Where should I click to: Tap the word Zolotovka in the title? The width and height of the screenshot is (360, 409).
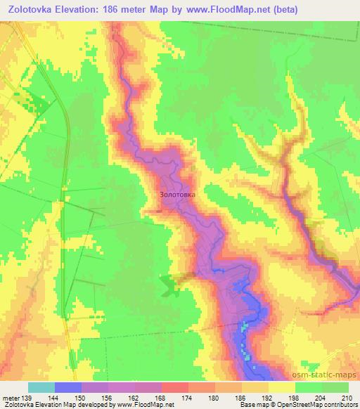pyautogui.click(x=32, y=9)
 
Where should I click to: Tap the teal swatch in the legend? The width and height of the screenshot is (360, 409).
pyautogui.click(x=41, y=388)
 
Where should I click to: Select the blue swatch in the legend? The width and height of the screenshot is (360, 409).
pyautogui.click(x=68, y=388)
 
